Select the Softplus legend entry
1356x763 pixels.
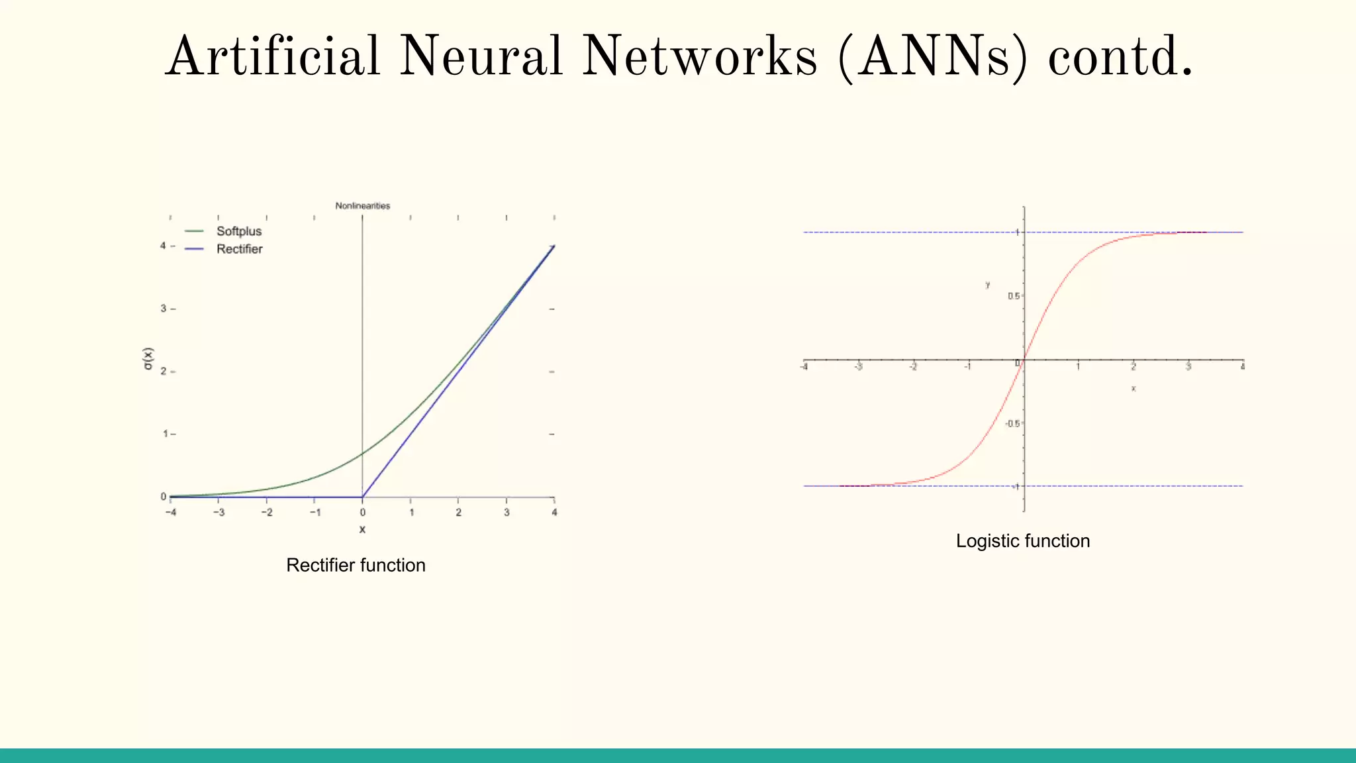click(238, 231)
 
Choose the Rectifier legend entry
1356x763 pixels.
click(239, 249)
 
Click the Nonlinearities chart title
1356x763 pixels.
click(362, 206)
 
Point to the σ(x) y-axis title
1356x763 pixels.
click(148, 358)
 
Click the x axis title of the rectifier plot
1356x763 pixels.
click(362, 529)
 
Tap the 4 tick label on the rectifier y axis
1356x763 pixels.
click(163, 246)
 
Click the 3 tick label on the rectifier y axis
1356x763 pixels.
click(163, 309)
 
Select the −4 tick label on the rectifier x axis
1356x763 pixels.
click(171, 513)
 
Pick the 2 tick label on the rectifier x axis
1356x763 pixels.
click(458, 513)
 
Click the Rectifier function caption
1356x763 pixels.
click(356, 565)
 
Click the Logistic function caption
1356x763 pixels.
click(1022, 541)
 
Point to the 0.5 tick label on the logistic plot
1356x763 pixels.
click(1013, 296)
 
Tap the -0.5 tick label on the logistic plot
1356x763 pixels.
click(1012, 423)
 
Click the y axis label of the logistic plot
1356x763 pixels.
click(988, 285)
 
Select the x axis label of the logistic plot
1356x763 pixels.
click(1134, 389)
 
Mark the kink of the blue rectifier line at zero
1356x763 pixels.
click(362, 497)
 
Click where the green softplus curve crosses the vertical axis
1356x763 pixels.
click(362, 454)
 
